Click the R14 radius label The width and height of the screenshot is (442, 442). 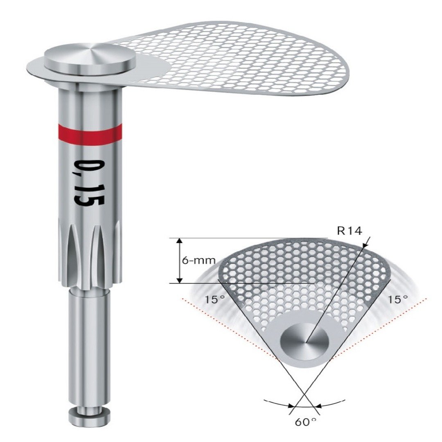[x=349, y=231]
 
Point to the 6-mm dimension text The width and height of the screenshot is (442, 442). [x=198, y=260]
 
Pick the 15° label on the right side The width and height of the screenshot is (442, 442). [x=398, y=299]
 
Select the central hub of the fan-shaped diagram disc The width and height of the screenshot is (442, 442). [x=304, y=341]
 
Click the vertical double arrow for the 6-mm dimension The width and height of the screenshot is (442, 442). [x=179, y=260]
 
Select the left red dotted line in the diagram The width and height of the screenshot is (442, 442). [x=229, y=327]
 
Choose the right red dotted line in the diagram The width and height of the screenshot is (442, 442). [x=381, y=327]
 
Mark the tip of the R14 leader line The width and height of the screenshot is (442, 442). [x=370, y=237]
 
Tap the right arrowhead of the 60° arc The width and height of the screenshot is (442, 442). [x=321, y=406]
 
